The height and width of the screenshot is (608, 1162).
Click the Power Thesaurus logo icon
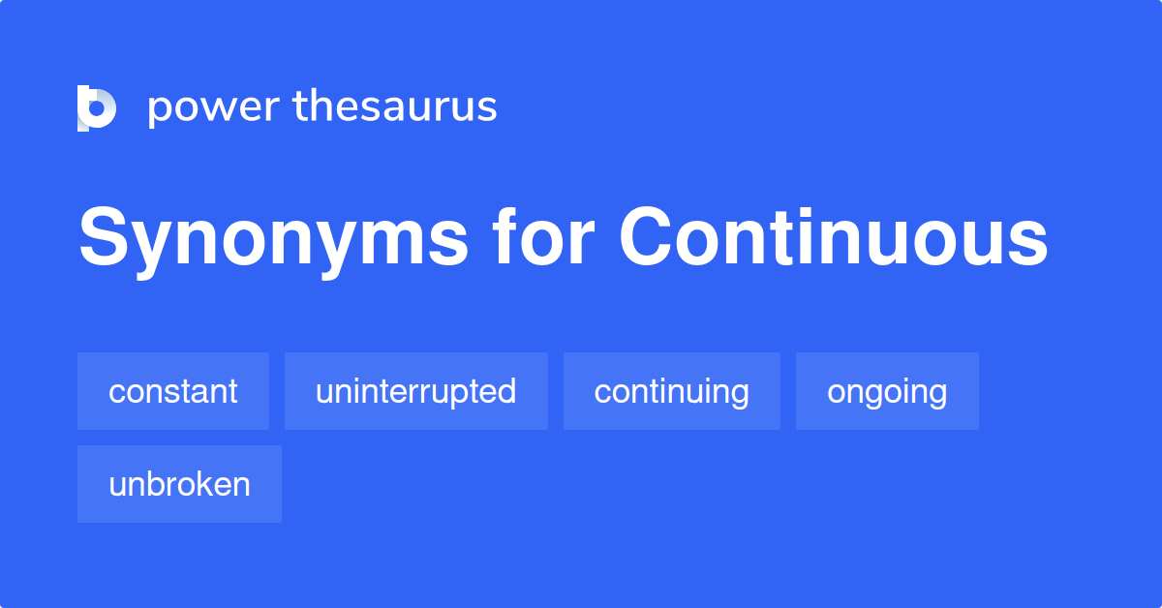(x=97, y=107)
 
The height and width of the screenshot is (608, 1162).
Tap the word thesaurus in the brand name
(x=395, y=106)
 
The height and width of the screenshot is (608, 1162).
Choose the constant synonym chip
(x=173, y=391)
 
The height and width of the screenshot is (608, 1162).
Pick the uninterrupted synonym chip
(x=416, y=391)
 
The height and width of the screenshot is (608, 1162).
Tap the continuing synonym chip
(x=672, y=391)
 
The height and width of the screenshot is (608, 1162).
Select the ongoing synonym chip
(x=887, y=391)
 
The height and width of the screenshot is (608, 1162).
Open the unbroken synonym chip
(x=179, y=484)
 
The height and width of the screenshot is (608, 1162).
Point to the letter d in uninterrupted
(x=505, y=391)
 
